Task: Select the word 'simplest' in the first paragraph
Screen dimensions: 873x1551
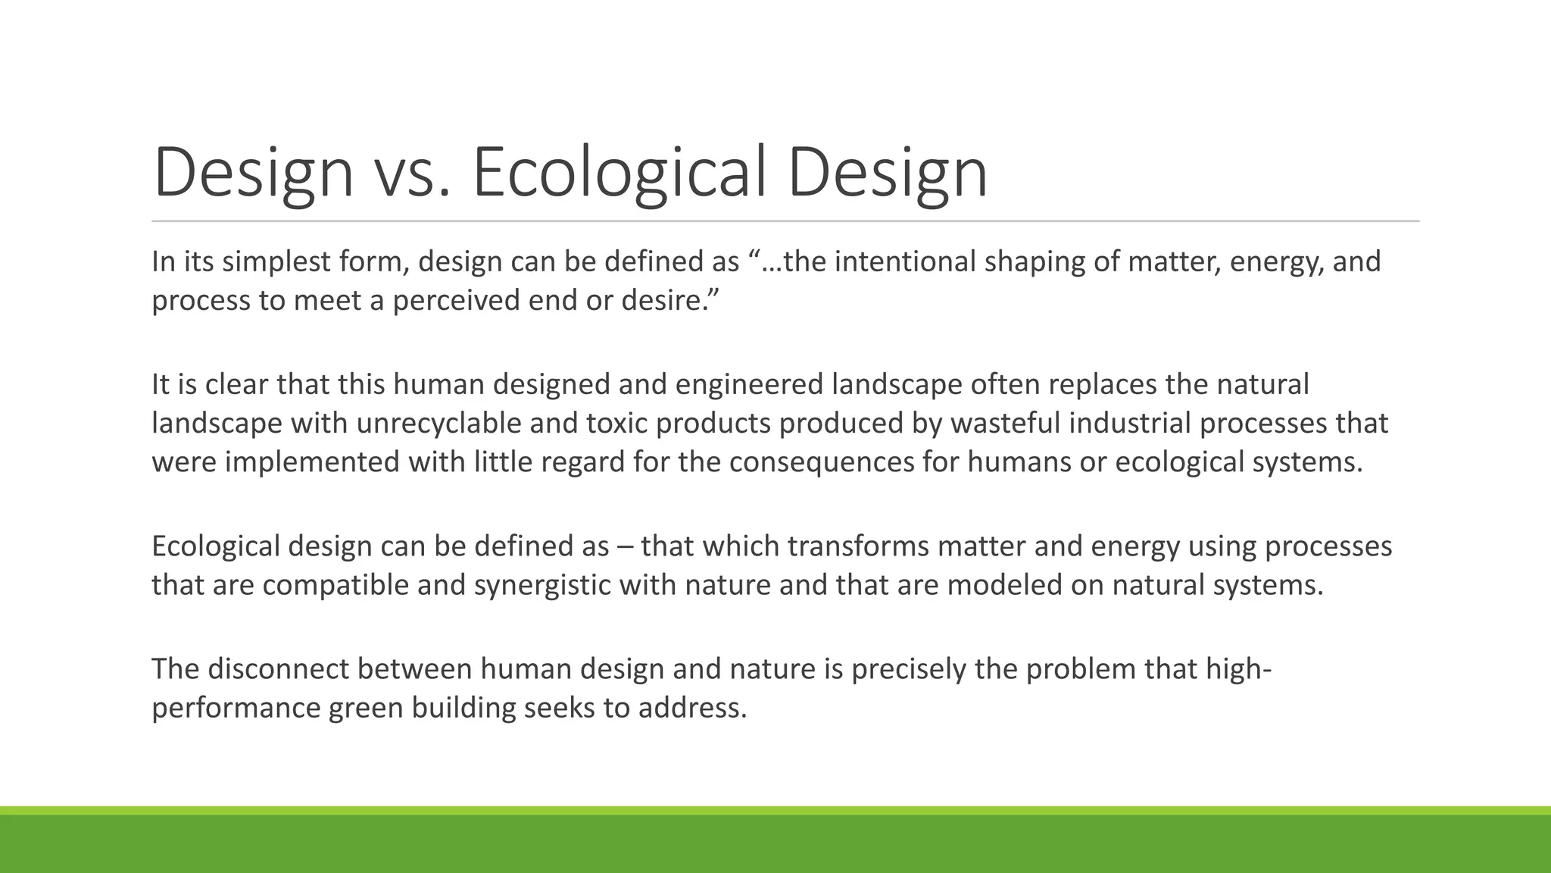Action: (276, 262)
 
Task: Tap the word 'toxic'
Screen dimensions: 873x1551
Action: (617, 423)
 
